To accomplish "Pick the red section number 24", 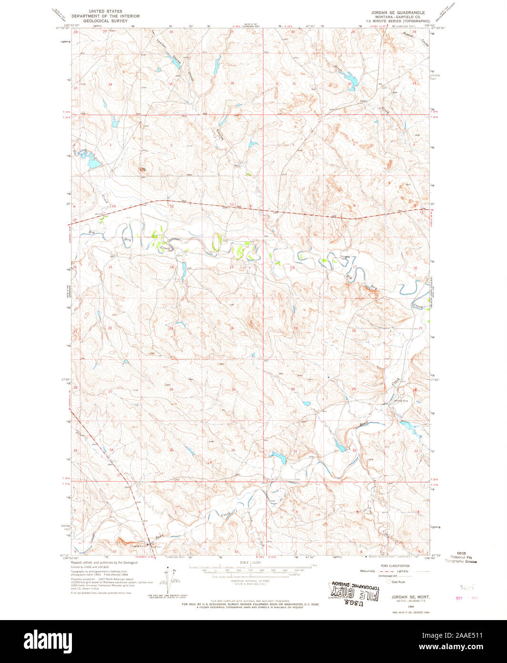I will click(232, 328).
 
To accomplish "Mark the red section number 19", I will click(295, 328).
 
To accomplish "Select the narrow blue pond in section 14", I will click(183, 270).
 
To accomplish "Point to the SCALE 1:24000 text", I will click(253, 563).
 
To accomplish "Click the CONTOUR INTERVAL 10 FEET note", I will click(253, 581).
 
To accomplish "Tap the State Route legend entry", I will click(398, 581).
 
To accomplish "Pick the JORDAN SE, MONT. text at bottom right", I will click(405, 597).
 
